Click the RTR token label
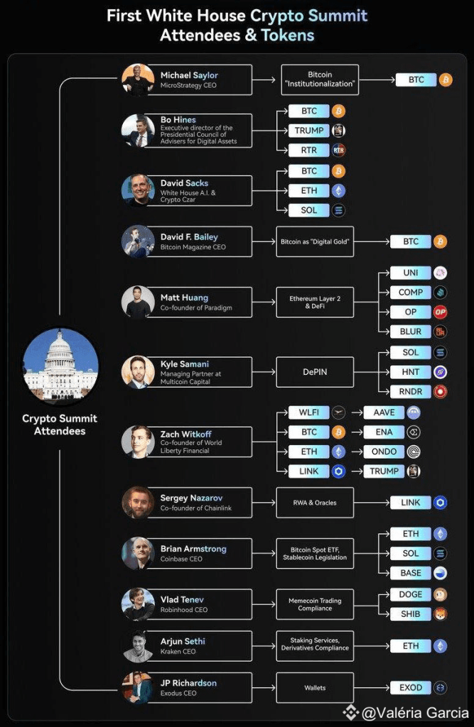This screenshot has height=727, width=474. (x=308, y=151)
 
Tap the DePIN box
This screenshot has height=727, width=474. (x=315, y=372)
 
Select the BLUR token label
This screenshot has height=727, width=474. (x=411, y=332)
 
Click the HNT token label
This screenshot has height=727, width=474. (x=411, y=372)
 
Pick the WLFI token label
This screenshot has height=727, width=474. (x=308, y=412)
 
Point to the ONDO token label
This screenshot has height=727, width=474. (x=384, y=452)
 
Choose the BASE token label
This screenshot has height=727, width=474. (x=411, y=573)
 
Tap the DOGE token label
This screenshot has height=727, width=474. (x=411, y=594)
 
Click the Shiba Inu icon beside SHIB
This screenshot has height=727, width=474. (x=440, y=614)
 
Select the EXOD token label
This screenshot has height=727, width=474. (x=411, y=687)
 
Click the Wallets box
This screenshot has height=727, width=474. (x=315, y=687)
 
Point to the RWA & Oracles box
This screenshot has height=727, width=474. (x=315, y=503)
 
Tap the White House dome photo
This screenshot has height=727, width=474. (x=60, y=366)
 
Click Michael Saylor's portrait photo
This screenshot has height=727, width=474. (x=138, y=80)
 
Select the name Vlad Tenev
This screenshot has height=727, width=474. (x=182, y=599)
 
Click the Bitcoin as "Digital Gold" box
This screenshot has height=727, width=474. (x=315, y=241)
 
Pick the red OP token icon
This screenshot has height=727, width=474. (x=440, y=312)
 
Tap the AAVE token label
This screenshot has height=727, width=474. (x=384, y=412)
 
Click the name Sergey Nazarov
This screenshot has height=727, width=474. (x=191, y=498)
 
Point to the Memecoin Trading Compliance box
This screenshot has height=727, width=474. (x=315, y=604)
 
